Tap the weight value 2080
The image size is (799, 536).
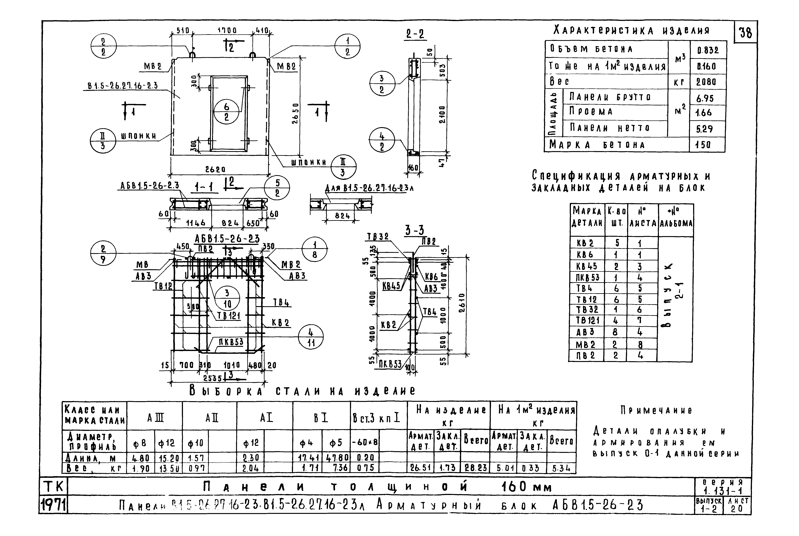click(x=706, y=82)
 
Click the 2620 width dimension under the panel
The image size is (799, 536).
click(x=215, y=169)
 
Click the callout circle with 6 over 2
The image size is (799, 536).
click(x=226, y=112)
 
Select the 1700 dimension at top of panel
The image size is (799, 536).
click(x=227, y=31)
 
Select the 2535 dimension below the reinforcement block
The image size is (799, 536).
click(x=213, y=378)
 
